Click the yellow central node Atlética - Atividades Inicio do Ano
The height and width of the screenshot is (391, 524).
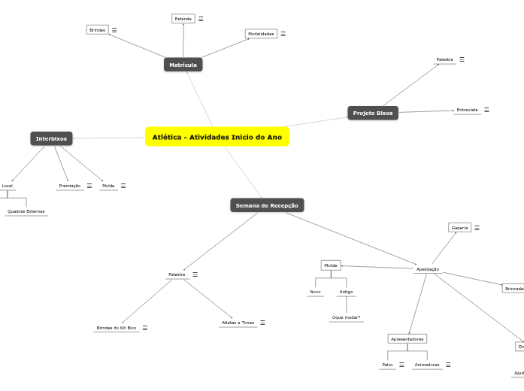point(217,137)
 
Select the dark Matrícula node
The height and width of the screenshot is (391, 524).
point(183,65)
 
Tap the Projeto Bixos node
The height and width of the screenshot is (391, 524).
point(373,113)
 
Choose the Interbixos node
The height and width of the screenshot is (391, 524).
point(51,138)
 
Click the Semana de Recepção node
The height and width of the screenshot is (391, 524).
point(267,205)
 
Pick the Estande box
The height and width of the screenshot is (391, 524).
point(183,18)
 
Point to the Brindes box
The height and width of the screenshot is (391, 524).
point(97,30)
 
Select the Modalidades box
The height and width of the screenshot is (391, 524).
point(261,34)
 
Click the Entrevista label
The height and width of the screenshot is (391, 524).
point(467,110)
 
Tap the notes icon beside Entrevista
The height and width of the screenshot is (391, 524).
point(486,110)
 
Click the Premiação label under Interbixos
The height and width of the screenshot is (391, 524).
point(69,186)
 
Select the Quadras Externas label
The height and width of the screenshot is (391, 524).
point(26,211)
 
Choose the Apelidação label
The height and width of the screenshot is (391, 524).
point(427,268)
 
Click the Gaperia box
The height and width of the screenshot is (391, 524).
point(459,227)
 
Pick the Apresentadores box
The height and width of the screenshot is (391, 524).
point(407,338)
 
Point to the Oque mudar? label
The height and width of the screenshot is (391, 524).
point(346,317)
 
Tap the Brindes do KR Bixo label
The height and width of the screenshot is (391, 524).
point(116,328)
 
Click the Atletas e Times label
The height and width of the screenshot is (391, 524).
point(238,323)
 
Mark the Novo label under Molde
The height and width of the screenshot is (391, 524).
point(315,292)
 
